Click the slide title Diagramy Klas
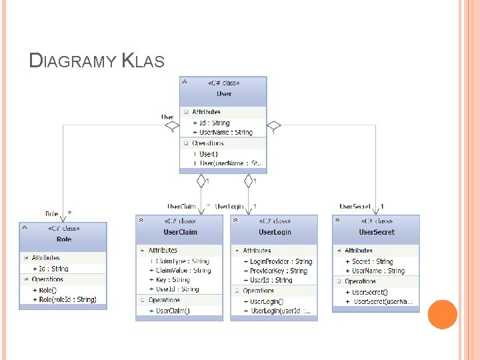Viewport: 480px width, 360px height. coord(97,61)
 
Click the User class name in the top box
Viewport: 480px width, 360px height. coord(223,94)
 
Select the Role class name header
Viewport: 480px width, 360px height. coord(63,239)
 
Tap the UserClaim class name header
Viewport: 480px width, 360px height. coord(180,232)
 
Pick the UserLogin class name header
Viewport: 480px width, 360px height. coord(275,232)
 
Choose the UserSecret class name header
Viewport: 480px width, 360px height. coord(377,232)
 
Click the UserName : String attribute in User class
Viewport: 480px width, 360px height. coord(226,132)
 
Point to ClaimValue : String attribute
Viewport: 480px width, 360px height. coord(183,271)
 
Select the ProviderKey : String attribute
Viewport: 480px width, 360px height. coord(279,271)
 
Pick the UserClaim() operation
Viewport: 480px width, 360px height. coord(173,311)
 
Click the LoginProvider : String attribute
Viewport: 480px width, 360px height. coord(281,262)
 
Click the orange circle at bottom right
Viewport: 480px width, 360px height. coord(442,314)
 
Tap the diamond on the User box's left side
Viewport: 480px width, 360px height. coord(172,125)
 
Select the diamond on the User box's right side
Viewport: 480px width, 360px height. coord(274,125)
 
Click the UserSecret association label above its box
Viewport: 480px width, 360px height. coord(355,207)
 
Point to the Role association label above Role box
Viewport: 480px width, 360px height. coord(51,213)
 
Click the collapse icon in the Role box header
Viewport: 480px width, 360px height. coord(25,228)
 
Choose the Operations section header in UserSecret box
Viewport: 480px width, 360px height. coord(360,281)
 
